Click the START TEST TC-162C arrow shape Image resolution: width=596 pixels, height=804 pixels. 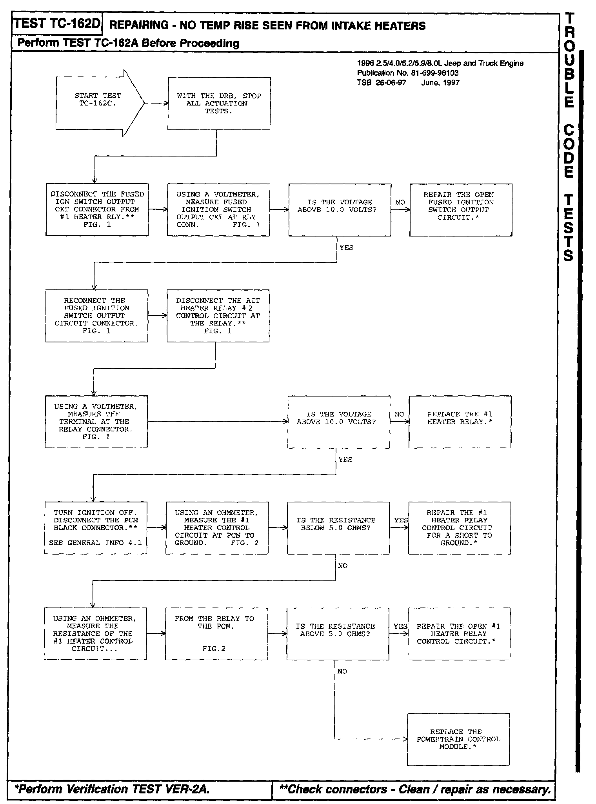(x=98, y=103)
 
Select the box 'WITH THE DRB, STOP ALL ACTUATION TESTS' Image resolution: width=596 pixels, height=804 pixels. (x=219, y=104)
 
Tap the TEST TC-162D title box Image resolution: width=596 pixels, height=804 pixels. (x=57, y=24)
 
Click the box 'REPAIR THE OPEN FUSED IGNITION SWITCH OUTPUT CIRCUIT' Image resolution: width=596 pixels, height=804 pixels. (x=461, y=210)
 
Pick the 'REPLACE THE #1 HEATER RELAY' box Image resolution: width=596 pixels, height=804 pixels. (x=460, y=422)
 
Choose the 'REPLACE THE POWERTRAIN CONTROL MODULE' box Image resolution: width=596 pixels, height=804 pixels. (x=458, y=739)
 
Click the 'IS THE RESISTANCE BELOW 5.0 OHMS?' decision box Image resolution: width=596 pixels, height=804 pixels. (x=338, y=528)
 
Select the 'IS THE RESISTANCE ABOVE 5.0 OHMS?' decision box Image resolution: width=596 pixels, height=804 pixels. (x=338, y=634)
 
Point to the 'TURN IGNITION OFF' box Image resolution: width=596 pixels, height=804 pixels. (x=96, y=528)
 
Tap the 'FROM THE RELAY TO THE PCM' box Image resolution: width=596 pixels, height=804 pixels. (x=216, y=634)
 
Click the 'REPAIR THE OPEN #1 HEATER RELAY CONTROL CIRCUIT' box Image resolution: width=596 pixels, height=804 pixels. (x=459, y=634)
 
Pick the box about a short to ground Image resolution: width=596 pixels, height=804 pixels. (x=459, y=528)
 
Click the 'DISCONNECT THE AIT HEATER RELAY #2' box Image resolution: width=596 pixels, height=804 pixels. (x=218, y=316)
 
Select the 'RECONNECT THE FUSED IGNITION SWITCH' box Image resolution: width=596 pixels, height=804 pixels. (x=96, y=316)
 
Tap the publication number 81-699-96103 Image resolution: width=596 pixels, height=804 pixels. (x=408, y=73)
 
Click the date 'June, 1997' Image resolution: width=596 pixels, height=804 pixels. (x=440, y=83)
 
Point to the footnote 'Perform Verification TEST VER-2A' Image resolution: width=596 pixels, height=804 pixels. (x=112, y=789)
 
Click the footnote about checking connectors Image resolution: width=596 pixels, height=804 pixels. (x=414, y=789)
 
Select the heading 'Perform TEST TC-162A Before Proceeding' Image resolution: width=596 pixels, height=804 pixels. (x=128, y=43)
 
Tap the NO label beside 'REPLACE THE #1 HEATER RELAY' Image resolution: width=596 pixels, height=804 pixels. (x=399, y=414)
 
